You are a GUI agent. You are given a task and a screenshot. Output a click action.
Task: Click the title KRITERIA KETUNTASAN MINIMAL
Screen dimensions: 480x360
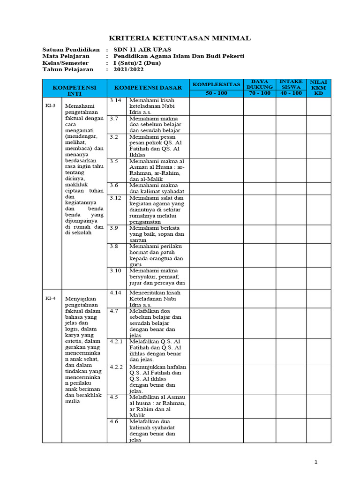180,38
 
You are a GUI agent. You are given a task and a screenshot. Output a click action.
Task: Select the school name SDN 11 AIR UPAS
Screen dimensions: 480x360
142,49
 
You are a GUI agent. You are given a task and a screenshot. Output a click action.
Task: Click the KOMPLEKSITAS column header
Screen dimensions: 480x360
216,84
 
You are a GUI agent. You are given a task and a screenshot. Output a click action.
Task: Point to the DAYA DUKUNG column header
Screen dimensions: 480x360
259,84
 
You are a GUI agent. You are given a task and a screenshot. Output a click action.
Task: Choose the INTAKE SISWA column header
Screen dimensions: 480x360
291,84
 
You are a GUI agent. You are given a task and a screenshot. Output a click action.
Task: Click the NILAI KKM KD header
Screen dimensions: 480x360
319,88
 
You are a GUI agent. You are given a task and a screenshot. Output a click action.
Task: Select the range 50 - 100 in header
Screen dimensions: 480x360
216,93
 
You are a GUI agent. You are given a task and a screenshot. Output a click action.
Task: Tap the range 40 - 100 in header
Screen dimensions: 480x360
291,93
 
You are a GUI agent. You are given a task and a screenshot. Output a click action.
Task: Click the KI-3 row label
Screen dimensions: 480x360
50,105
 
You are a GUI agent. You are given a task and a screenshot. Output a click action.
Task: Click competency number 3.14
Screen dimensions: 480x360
115,100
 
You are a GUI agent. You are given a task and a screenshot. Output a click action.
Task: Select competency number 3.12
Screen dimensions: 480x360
115,198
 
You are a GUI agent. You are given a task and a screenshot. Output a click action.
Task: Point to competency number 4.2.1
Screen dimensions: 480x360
116,341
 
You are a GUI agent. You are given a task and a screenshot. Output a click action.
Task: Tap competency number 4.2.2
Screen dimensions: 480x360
116,367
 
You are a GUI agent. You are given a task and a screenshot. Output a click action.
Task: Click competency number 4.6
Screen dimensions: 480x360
114,421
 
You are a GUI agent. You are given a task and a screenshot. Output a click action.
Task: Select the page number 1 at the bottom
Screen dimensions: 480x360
316,462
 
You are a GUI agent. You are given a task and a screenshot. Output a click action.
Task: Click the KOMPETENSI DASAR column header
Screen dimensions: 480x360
148,88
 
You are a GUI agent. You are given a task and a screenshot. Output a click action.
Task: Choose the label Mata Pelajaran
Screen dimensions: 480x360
66,56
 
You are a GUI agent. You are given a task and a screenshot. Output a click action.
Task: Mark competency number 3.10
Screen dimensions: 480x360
115,270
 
